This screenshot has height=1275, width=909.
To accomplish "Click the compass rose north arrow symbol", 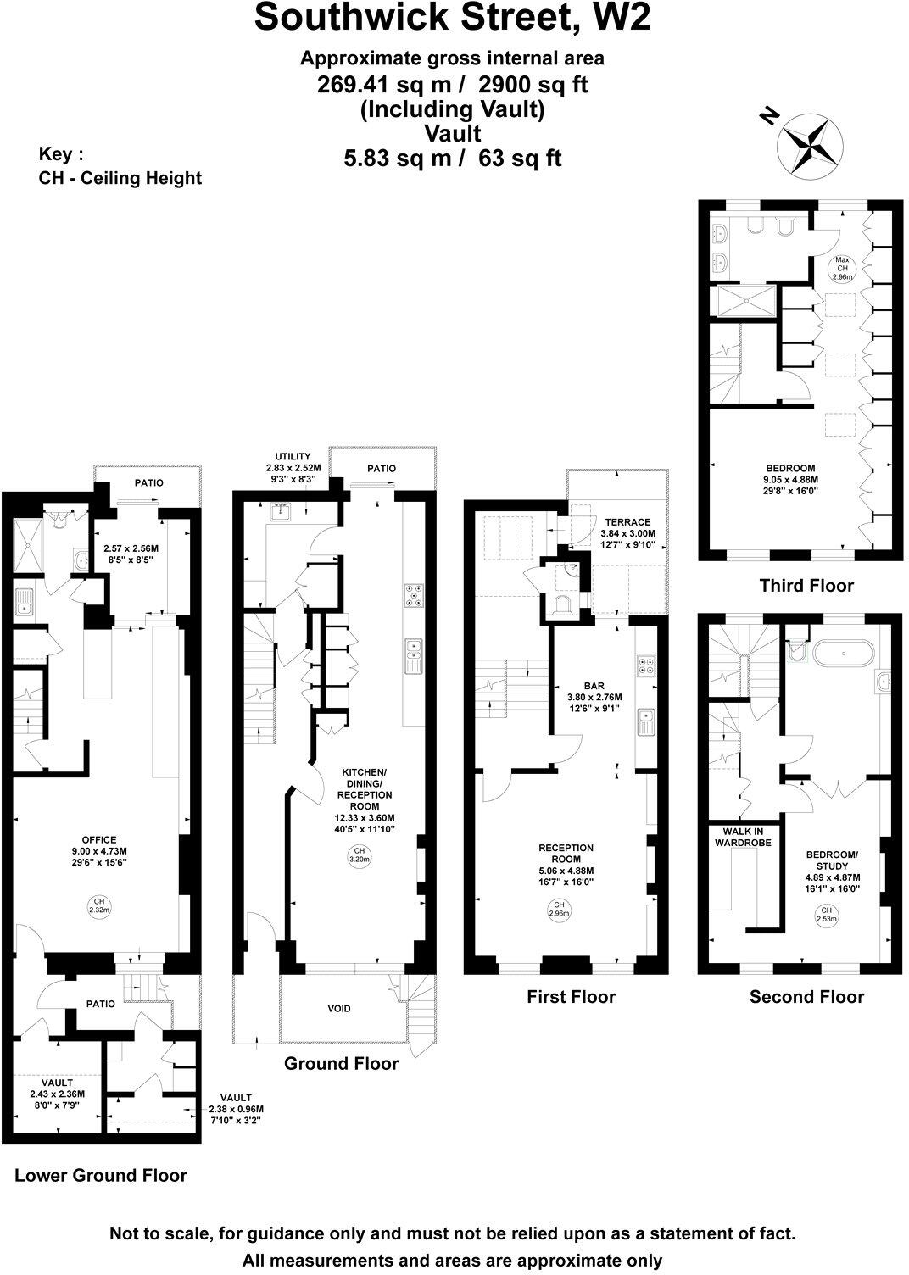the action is (x=811, y=142).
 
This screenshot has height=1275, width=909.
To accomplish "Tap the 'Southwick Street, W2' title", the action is (x=453, y=19).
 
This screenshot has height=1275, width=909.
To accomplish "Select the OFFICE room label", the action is (x=99, y=840).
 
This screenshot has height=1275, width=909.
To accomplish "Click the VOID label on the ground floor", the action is (x=339, y=1009).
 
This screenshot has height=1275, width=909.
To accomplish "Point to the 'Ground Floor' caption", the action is (x=341, y=1063).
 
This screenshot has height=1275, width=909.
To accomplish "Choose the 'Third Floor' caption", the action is (x=806, y=585).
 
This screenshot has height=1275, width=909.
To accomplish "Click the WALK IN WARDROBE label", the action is (x=744, y=838).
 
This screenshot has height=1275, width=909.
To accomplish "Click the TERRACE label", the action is (x=627, y=522).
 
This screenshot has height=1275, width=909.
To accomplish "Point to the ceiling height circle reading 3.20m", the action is (x=359, y=855).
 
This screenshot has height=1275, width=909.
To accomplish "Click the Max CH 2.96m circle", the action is (x=842, y=269).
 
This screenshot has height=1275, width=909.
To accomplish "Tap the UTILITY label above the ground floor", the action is (x=293, y=457).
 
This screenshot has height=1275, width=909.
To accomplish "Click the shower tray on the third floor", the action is (x=746, y=299).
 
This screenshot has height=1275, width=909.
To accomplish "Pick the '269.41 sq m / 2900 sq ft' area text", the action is (x=453, y=84).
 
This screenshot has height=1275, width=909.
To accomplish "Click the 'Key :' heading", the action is (x=61, y=154).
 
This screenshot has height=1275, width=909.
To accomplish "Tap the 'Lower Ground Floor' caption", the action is (x=101, y=1175).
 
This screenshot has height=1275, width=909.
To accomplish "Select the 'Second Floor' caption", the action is (x=806, y=997).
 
